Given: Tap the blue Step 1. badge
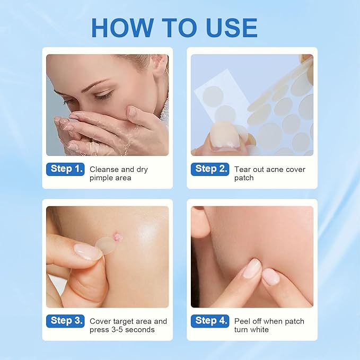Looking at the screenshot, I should tap(65, 170).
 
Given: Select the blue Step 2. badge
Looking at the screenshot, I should tap(210, 170).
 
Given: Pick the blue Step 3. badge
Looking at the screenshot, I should tap(65, 321).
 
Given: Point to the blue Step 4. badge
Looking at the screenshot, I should tap(210, 321).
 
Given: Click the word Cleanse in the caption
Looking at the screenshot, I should tap(104, 170).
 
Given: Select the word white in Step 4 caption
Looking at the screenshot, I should tap(259, 330).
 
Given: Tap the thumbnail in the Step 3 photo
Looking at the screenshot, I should tap(87, 251).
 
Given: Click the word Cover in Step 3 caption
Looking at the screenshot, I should tap(101, 321).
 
